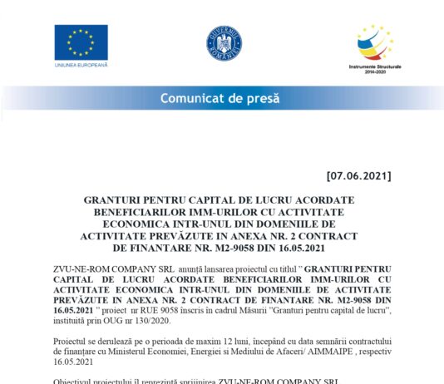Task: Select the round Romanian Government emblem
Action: tap(223, 42)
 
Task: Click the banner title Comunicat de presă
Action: tap(220, 99)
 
